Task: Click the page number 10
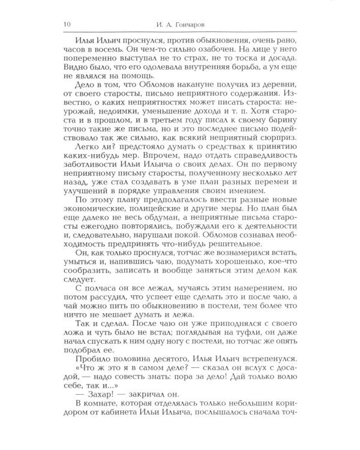tap(58, 24)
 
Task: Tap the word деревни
tap(275, 92)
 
